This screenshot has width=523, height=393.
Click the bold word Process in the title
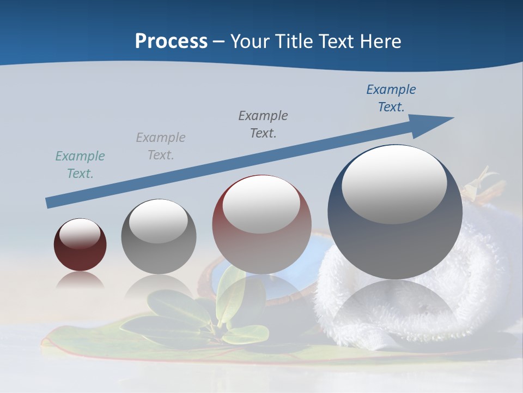tap(171, 41)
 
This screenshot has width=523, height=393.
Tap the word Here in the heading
tap(381, 41)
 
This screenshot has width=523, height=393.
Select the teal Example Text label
tap(80, 165)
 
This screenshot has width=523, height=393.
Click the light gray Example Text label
tap(160, 146)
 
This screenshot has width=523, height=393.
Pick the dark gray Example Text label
tap(263, 124)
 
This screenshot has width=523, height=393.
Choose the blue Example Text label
tap(391, 98)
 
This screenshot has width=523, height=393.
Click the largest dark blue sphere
tap(395, 240)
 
